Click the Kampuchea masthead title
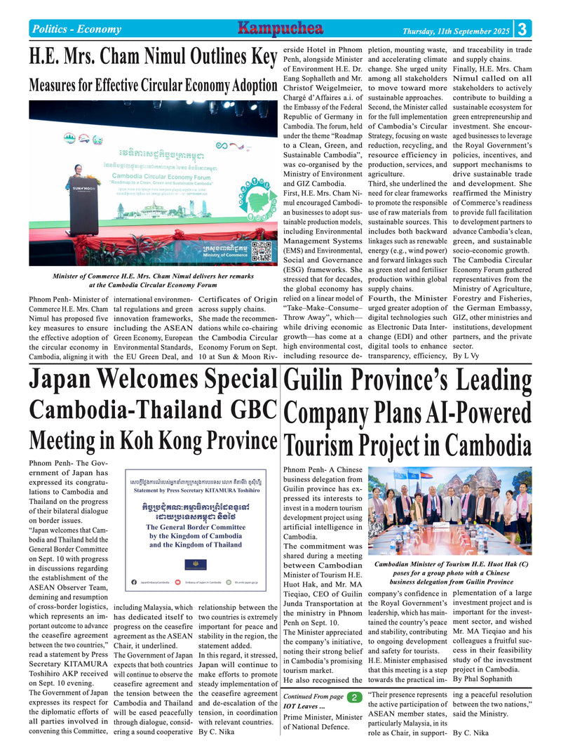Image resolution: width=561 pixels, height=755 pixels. [280, 29]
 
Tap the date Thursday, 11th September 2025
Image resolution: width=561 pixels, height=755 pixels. [456, 30]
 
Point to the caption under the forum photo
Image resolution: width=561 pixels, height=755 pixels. [153, 281]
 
